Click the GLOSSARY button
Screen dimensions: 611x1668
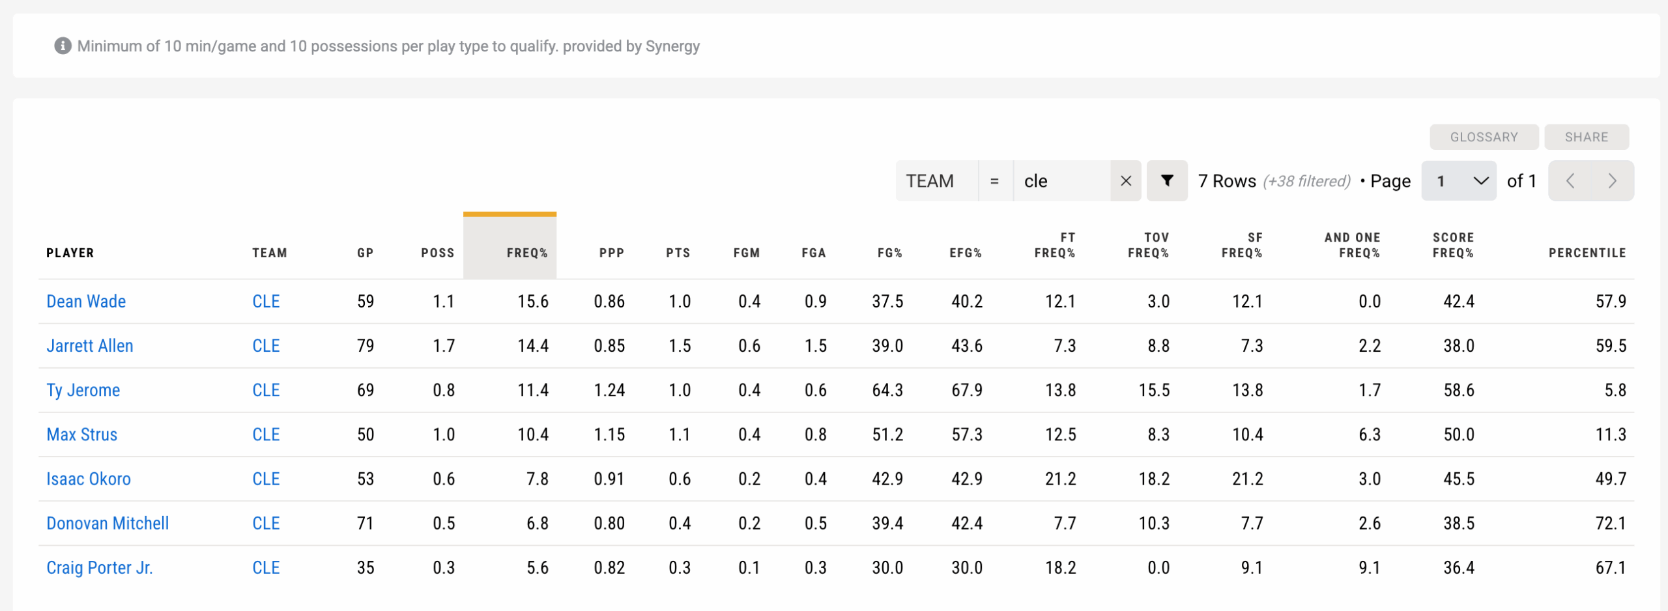pyautogui.click(x=1484, y=137)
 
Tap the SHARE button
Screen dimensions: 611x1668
pyautogui.click(x=1586, y=137)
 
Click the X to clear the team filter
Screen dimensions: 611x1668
pyautogui.click(x=1125, y=181)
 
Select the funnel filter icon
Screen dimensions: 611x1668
pyautogui.click(x=1167, y=181)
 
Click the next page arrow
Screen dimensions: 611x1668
pyautogui.click(x=1612, y=181)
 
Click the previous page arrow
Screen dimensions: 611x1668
pyautogui.click(x=1570, y=181)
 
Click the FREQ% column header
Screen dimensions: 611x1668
pyautogui.click(x=526, y=253)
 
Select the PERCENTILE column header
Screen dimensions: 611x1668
pyautogui.click(x=1587, y=253)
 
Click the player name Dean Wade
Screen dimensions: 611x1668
pyautogui.click(x=86, y=302)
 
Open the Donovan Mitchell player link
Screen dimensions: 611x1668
pyautogui.click(x=108, y=523)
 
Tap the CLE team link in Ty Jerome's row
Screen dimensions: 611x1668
pyautogui.click(x=266, y=390)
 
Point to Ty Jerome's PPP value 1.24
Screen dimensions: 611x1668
pyautogui.click(x=609, y=390)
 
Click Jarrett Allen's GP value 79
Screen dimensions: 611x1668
pyautogui.click(x=365, y=346)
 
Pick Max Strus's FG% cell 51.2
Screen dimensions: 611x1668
pyautogui.click(x=887, y=434)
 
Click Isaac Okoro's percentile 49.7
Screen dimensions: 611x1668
pyautogui.click(x=1610, y=479)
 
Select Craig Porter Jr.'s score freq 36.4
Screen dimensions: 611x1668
pyautogui.click(x=1458, y=567)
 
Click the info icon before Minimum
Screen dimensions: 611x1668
pyautogui.click(x=63, y=46)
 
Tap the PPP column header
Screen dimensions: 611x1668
pyautogui.click(x=611, y=253)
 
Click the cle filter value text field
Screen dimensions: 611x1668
pyautogui.click(x=1061, y=181)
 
